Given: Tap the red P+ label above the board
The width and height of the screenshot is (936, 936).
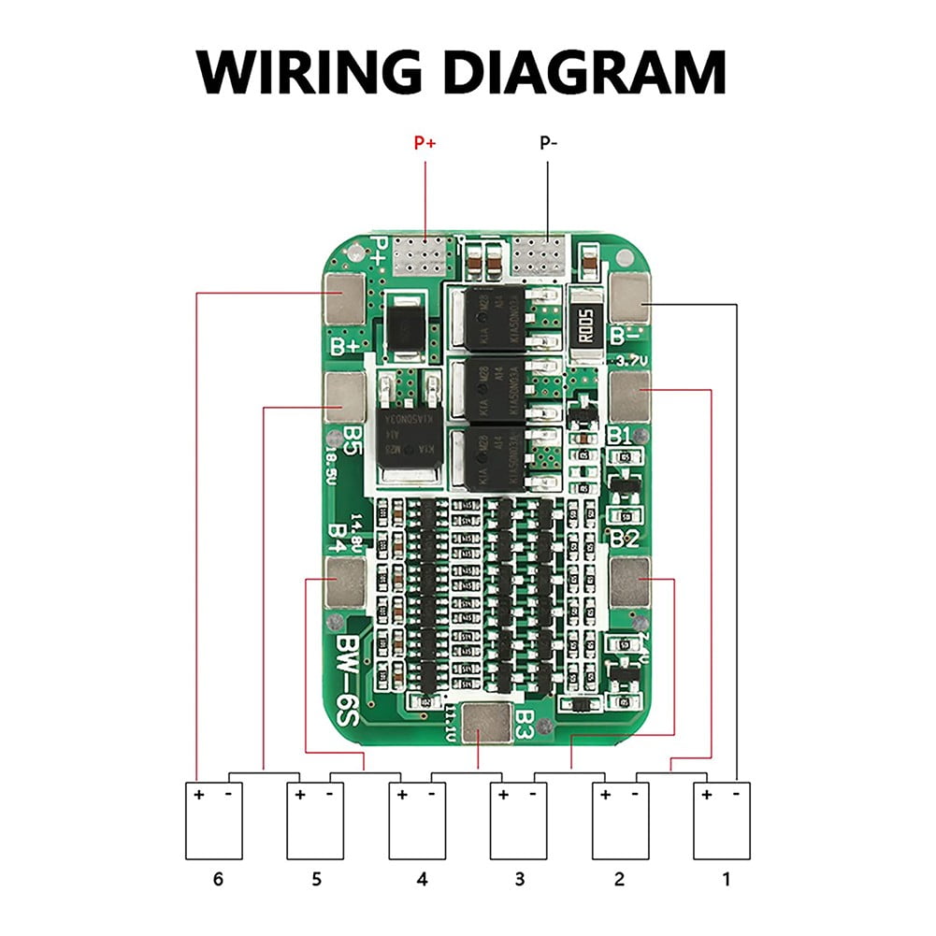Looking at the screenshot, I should pos(425,144).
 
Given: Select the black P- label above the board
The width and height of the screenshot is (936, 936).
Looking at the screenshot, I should pos(548,144).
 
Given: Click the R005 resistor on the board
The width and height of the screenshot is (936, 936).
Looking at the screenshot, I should pos(588,329).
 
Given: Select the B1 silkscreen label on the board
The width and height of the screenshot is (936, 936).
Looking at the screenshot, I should pos(621,437).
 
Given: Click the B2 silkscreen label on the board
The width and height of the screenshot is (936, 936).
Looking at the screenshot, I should pos(625,538).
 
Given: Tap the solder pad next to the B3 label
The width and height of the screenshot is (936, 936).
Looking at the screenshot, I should pos(486,723).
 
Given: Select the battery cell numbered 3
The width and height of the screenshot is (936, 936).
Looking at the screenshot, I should pos(518,821).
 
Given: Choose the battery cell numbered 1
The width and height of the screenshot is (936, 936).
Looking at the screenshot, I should pos(721,821).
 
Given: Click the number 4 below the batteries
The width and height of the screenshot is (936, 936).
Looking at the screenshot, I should pos(422,879).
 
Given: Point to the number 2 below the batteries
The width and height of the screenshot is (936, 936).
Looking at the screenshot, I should pos(618,879).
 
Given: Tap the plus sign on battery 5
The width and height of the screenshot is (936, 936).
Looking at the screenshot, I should pos(300,795).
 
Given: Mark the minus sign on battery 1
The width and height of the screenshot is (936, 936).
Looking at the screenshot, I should pos(736,794).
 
